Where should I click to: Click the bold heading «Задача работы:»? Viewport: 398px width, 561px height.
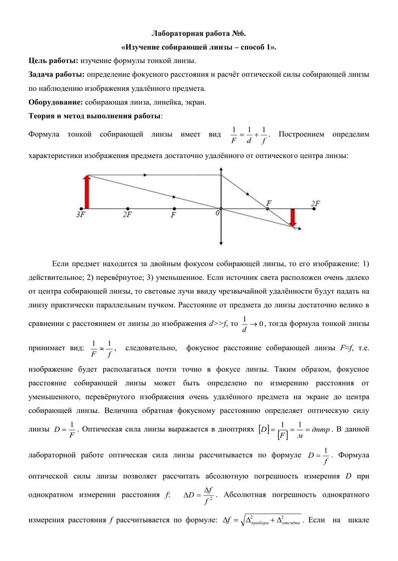(57, 74)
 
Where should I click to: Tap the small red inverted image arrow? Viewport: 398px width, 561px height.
(292, 216)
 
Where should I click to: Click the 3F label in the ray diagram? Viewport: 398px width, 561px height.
(80, 215)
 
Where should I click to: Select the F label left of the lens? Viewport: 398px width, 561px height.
(173, 215)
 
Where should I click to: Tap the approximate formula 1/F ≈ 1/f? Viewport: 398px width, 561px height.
(103, 348)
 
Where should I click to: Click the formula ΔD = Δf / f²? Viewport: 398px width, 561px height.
(199, 495)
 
